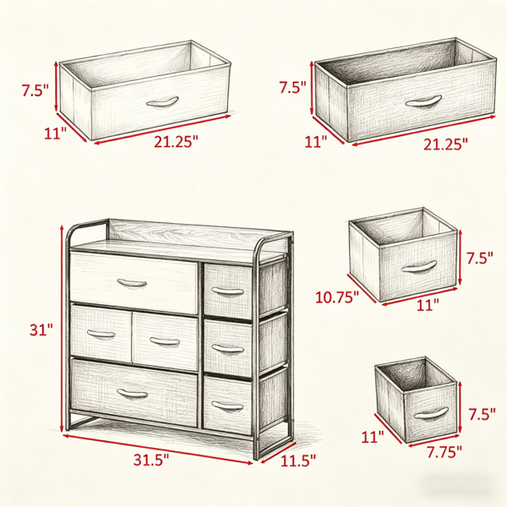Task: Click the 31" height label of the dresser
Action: tap(41, 330)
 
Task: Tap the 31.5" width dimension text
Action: tap(151, 460)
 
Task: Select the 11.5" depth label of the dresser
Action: tap(297, 461)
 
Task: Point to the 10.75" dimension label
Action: tap(337, 297)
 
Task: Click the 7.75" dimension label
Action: tap(444, 452)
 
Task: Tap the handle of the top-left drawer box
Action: tap(162, 101)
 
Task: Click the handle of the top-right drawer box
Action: tap(423, 101)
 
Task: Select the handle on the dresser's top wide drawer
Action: tap(132, 283)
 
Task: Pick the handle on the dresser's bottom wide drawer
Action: tap(133, 393)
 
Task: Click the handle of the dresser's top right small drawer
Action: tap(227, 291)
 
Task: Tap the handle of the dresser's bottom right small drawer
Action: tap(227, 406)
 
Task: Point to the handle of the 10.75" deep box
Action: tap(419, 266)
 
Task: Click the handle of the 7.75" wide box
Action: tap(431, 413)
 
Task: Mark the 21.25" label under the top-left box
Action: tap(176, 141)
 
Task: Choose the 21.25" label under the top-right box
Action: tap(446, 144)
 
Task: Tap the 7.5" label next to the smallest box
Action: tap(482, 414)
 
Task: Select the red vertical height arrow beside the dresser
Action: tap(62, 329)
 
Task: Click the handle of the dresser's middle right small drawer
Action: tap(227, 348)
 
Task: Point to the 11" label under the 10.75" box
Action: tap(428, 304)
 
